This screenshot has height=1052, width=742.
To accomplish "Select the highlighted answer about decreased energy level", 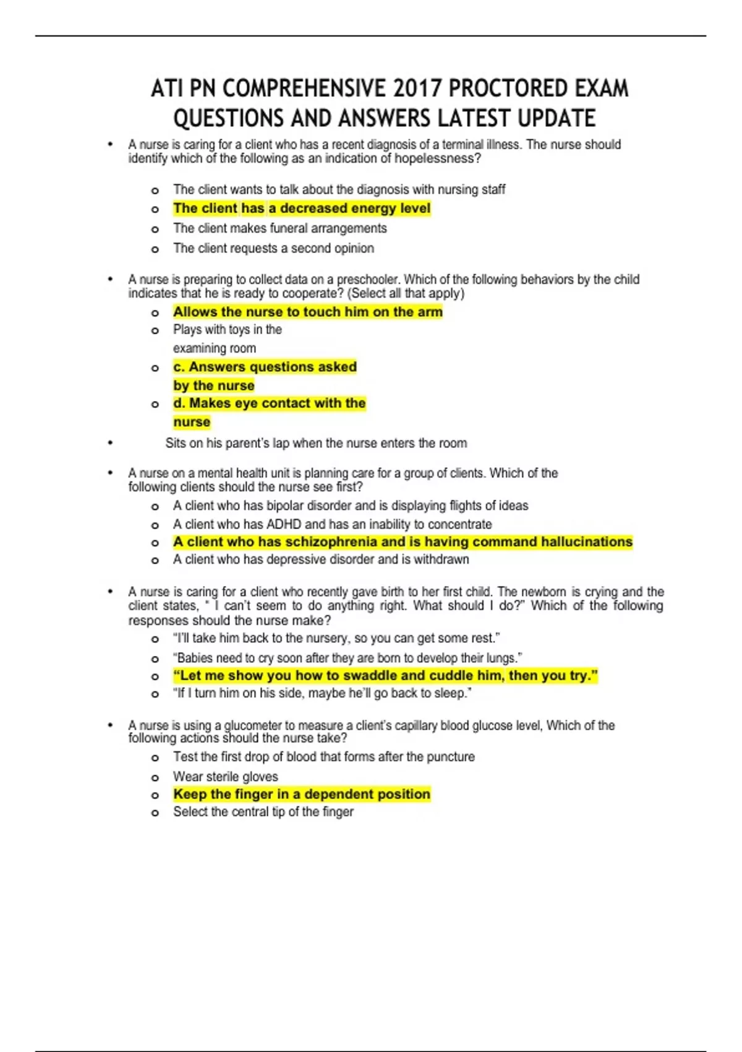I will (302, 209).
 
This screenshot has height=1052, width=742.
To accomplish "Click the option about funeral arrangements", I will (279, 228).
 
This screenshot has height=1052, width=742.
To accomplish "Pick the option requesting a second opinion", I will (273, 248).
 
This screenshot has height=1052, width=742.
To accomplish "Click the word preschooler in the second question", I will (367, 280).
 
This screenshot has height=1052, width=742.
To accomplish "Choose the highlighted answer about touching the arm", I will (307, 312).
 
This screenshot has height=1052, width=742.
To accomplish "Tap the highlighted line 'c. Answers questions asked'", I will (265, 367).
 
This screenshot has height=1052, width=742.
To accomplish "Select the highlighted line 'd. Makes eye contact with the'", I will (269, 403).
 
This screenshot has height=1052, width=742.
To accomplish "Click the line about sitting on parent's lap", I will (316, 443).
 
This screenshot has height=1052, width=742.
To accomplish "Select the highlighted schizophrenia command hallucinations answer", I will (403, 542).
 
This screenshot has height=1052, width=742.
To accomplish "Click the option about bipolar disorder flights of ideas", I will (351, 506).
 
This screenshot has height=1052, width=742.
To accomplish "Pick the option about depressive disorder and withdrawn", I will (321, 559).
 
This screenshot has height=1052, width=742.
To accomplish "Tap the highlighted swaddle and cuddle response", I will (385, 676).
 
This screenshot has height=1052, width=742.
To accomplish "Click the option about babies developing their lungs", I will (348, 658).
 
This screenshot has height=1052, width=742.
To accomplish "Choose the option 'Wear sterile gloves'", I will (225, 777).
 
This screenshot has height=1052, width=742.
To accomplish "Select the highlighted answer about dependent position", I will (301, 795).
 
